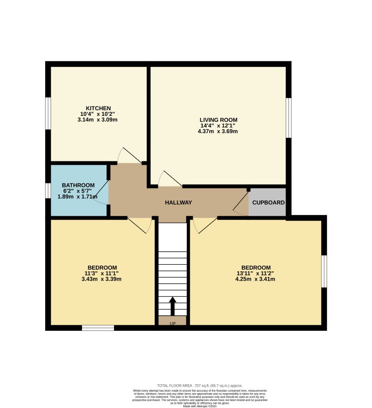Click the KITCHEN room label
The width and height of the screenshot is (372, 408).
(x=98, y=108)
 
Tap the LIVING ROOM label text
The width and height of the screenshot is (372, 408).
(x=218, y=120)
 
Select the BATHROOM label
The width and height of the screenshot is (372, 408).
(x=79, y=185)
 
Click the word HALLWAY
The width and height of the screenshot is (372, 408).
(x=179, y=202)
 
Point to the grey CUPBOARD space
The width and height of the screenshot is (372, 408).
(x=268, y=202)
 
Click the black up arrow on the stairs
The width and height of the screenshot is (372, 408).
(x=173, y=306)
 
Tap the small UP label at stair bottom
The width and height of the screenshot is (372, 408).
(x=172, y=322)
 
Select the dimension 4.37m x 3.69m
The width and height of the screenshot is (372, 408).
(x=218, y=131)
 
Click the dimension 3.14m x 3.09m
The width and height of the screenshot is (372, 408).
(x=98, y=120)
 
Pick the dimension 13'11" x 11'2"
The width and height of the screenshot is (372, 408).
(x=255, y=273)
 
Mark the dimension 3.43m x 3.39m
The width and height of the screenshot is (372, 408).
(x=101, y=279)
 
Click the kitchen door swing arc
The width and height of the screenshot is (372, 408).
(x=129, y=155)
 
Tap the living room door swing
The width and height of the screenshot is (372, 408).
(x=169, y=179)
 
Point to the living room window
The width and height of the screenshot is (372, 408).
(x=288, y=118)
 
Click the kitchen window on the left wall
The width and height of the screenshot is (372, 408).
(x=48, y=113)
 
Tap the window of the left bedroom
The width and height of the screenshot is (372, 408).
(x=98, y=328)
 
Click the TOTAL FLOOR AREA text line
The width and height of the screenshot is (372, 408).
(x=200, y=386)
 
